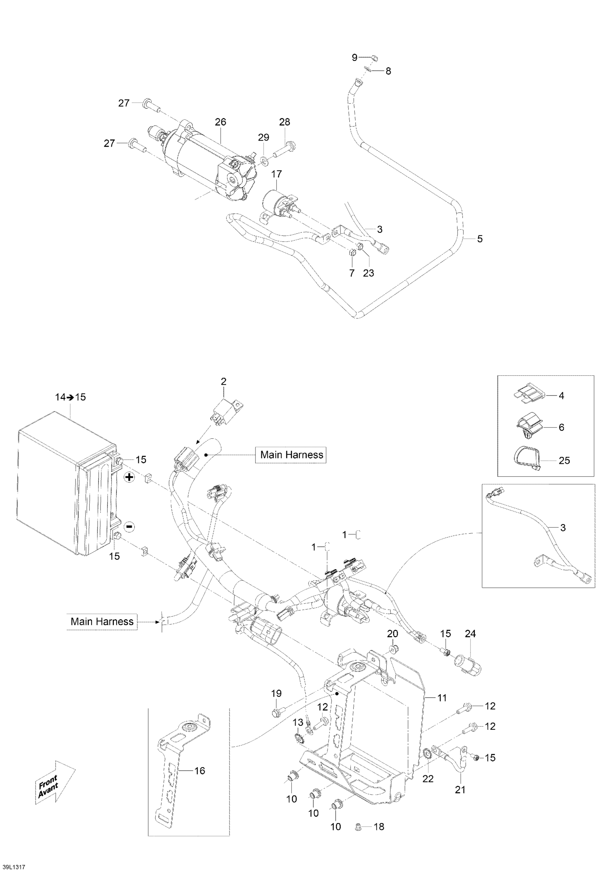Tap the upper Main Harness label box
(291, 455)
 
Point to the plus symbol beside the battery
(130, 477)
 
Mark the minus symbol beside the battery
(129, 526)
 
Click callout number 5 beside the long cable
(480, 239)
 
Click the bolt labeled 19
(276, 714)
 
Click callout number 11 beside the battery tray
(442, 697)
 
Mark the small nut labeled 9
(373, 58)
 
